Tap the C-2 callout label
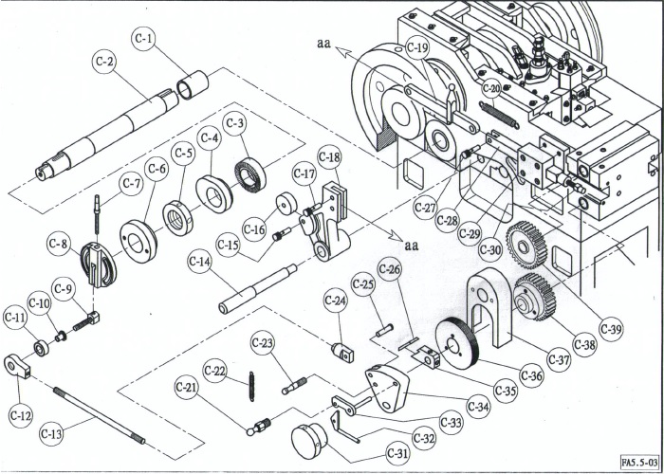click(105, 61)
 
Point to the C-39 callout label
click(611, 329)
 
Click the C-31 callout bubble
click(397, 454)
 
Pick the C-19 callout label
click(417, 47)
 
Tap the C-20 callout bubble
click(490, 89)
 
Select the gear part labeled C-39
click(527, 245)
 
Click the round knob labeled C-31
click(307, 440)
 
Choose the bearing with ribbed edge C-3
click(250, 174)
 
